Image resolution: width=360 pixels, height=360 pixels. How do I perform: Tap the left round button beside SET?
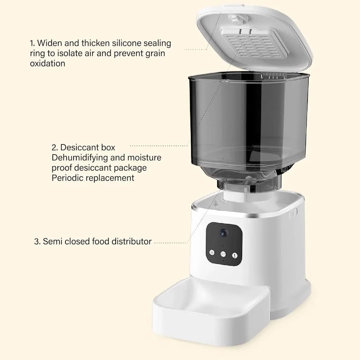coord(212,252)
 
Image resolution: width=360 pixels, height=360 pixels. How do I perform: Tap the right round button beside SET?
coord(235,256)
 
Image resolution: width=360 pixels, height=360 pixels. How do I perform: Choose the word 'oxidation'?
coord(47,64)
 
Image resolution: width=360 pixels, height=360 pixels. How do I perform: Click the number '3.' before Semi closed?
coord(37,242)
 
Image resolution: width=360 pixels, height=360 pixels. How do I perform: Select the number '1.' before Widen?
coord(32,43)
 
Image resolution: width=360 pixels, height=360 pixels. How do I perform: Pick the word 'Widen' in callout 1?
coord(49,43)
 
